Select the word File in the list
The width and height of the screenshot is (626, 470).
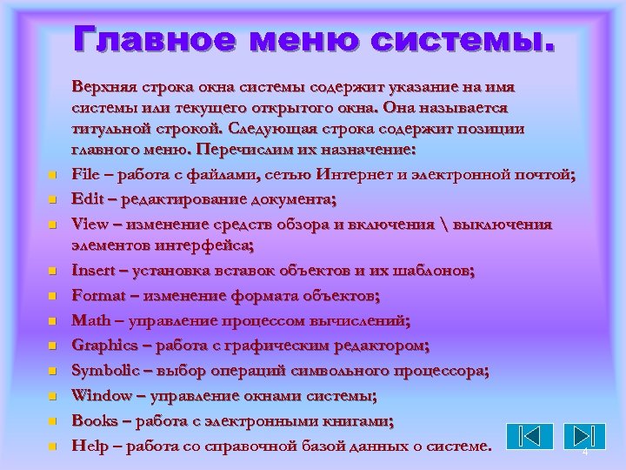tap(85, 175)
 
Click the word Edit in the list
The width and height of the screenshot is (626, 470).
tap(87, 199)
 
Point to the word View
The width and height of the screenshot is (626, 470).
tap(90, 224)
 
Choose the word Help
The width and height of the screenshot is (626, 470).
tap(89, 446)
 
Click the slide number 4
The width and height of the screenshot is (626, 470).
tap(585, 453)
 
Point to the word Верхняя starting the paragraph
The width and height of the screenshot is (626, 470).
tap(104, 88)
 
